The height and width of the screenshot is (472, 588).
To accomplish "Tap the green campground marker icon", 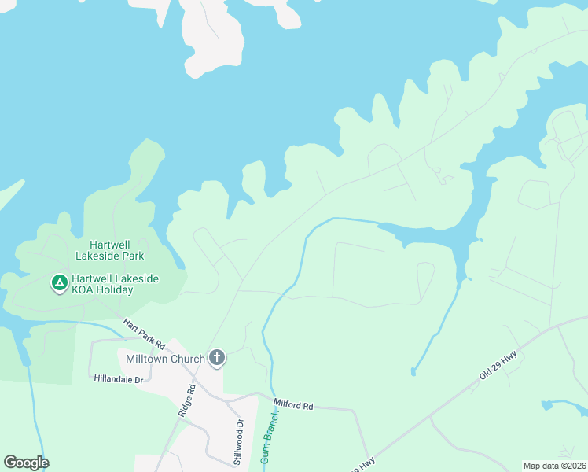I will [x=59, y=282].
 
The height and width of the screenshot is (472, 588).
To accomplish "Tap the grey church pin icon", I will [x=217, y=359].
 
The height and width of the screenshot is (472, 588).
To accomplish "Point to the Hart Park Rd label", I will [x=143, y=334].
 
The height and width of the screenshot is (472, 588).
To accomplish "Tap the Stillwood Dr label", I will [x=240, y=432].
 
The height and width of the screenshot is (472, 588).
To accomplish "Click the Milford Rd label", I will [x=293, y=406].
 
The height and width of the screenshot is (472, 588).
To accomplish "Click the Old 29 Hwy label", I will [x=498, y=366].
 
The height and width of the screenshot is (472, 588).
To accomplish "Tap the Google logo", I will [x=26, y=463].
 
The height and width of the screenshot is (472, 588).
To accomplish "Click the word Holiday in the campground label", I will [x=116, y=289].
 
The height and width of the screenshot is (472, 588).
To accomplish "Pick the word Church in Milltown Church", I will [x=187, y=359].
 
